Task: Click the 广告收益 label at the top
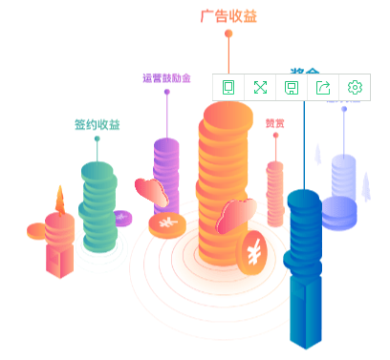228,16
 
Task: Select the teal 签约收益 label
97,125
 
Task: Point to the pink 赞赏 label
274,123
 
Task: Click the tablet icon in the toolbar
228,88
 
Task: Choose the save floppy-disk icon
292,88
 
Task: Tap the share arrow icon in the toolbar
323,88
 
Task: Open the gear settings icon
355,88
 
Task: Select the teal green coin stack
97,205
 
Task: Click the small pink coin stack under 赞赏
275,191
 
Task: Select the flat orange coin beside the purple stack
168,225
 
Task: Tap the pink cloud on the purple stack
153,191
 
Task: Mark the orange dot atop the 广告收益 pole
228,34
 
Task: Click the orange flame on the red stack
61,201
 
